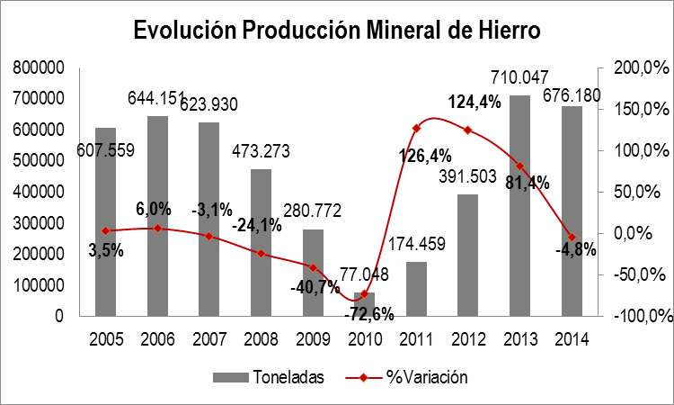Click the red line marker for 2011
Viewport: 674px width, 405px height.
tap(416, 129)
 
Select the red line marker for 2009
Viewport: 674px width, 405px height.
tap(313, 267)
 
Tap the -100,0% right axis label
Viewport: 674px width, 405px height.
tap(642, 317)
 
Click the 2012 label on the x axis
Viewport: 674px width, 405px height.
tap(468, 339)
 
